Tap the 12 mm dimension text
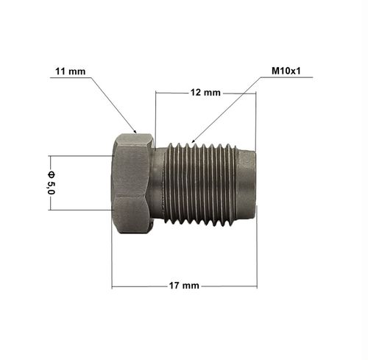(205, 93)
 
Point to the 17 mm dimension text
(183, 285)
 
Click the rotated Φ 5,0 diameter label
(51, 181)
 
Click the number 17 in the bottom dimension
(174, 285)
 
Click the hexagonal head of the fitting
(132, 183)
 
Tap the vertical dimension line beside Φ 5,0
(51, 202)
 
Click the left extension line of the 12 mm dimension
(155, 114)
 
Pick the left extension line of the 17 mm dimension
(112, 258)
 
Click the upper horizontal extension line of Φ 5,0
(81, 155)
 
